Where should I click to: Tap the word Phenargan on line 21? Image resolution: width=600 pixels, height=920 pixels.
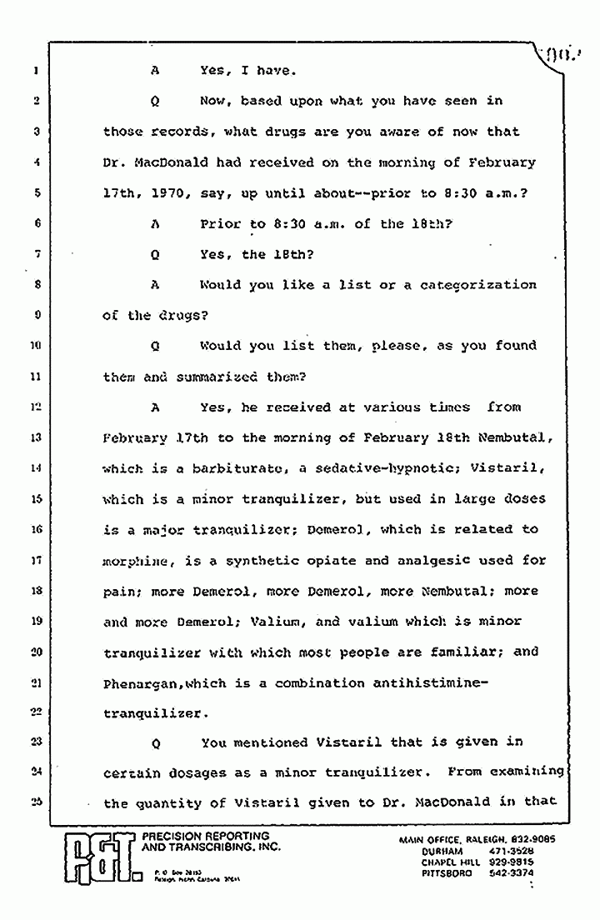tap(138, 683)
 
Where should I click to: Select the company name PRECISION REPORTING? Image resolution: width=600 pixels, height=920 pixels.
tap(206, 836)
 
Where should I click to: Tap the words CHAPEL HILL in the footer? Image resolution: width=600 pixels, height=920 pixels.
tap(451, 862)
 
